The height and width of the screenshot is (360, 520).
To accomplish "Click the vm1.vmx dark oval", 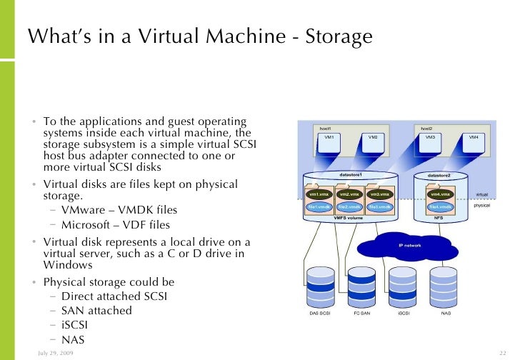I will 318,194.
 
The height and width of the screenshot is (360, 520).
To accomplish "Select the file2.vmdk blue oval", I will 349,206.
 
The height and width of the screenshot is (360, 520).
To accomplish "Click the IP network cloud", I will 409,245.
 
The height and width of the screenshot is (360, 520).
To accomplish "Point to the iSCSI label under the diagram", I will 404,313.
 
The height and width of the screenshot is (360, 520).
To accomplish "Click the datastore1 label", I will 350,175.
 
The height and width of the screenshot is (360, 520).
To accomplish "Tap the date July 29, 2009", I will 60,354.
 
